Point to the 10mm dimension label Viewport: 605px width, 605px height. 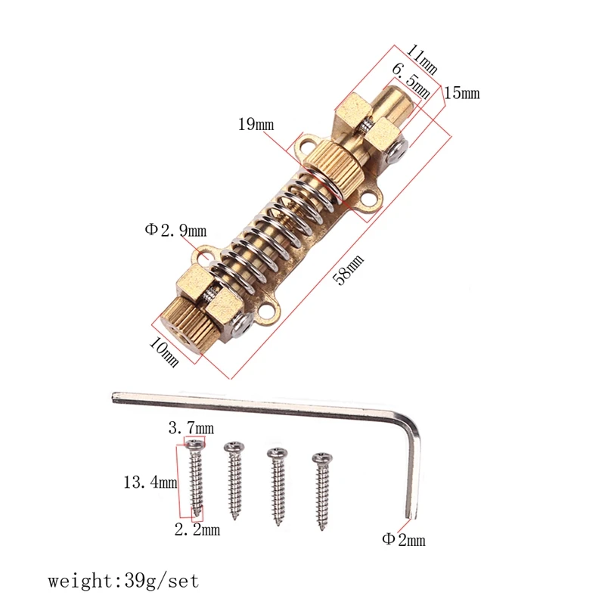point(165,351)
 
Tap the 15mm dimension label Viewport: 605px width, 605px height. point(461,94)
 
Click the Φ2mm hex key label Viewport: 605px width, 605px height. point(404,540)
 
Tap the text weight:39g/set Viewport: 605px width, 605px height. point(123,582)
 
